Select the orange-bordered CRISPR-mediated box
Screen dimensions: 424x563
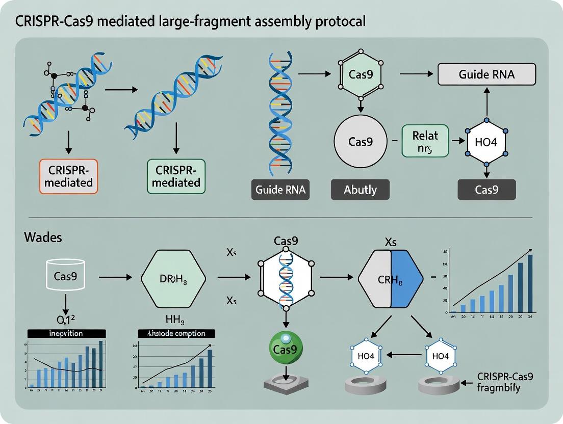[x=68, y=176]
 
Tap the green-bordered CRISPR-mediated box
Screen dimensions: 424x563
[x=176, y=176]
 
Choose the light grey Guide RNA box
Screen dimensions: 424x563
[x=487, y=74]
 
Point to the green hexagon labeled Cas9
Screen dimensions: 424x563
[x=361, y=74]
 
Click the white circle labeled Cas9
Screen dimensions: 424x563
[x=361, y=142]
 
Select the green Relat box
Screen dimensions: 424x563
[x=425, y=141]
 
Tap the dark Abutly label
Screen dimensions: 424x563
[x=360, y=190]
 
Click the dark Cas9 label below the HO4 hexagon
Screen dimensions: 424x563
[x=486, y=190]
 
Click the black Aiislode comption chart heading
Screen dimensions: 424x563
[x=176, y=333]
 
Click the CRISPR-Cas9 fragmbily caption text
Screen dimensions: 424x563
[x=505, y=382]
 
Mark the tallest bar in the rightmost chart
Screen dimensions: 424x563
[x=530, y=283]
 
